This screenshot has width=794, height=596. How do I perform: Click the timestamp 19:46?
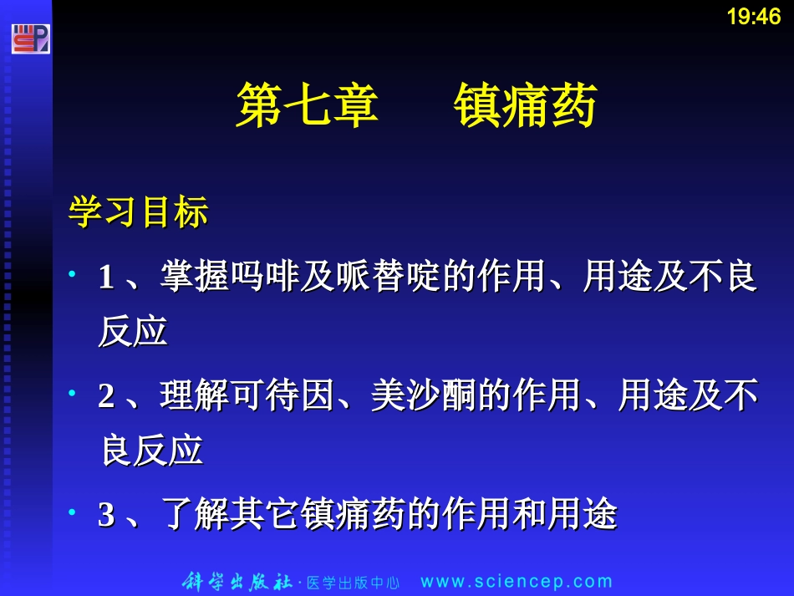coord(753,17)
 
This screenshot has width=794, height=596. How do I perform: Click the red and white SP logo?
coord(31,38)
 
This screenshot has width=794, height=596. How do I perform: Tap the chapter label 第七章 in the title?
coord(307,106)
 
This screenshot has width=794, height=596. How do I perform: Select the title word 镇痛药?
coord(525,106)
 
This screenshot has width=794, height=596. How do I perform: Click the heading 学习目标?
coord(138,213)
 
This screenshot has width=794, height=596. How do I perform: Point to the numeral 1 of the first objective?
coord(106,278)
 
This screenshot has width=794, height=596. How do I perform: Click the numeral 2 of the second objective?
coord(106,395)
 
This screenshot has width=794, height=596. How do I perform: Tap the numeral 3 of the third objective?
coord(106,514)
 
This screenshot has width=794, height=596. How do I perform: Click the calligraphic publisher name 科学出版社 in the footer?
coord(237,582)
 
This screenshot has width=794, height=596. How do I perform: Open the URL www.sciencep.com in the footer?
coord(517,582)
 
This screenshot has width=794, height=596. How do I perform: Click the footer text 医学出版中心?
coord(353,583)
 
